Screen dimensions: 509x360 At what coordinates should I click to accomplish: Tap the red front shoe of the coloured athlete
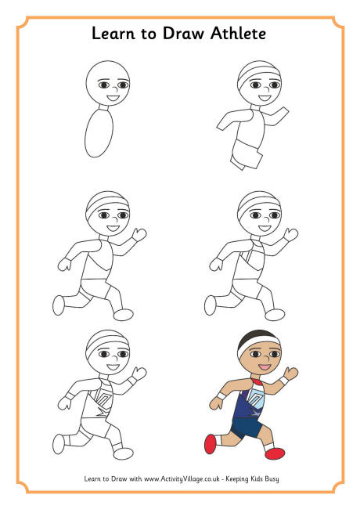(x=275, y=453)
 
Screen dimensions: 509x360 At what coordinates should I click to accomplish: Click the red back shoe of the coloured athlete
(x=211, y=444)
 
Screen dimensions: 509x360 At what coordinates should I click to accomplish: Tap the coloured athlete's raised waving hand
(x=291, y=374)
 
